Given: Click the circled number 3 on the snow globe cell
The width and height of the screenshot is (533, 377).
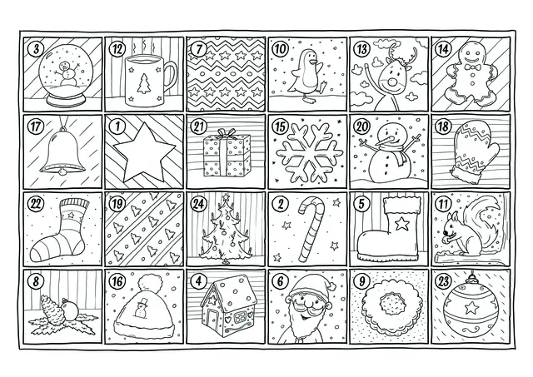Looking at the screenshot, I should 34,48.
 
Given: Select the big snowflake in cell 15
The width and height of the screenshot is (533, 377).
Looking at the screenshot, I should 306,153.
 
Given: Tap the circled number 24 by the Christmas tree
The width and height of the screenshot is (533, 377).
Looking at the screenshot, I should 198,202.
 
